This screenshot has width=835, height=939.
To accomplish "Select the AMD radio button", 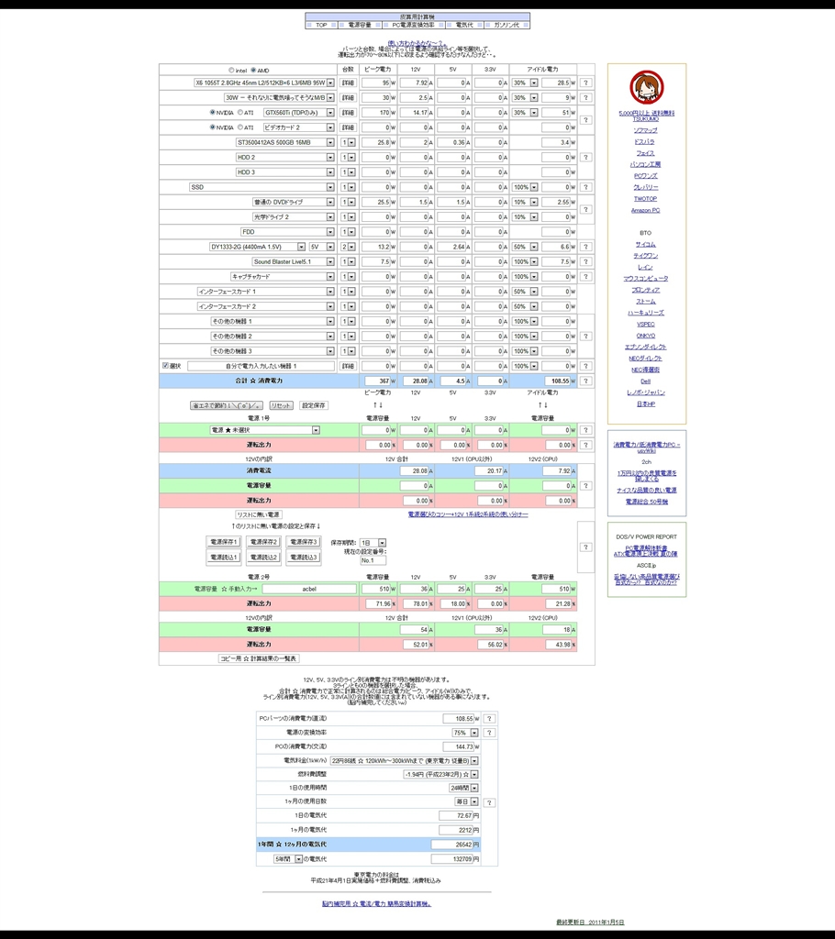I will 253,70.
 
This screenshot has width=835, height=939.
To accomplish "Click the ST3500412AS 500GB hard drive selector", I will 284,142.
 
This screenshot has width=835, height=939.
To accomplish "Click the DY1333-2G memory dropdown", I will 256,247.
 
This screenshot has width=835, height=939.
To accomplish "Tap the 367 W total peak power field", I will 376,380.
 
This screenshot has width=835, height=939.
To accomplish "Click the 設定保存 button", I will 314,405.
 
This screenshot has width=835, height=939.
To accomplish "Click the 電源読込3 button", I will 304,557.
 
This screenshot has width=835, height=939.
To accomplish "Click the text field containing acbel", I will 309,589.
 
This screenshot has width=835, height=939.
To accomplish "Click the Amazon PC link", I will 645,210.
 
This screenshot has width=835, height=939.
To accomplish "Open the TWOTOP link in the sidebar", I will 645,198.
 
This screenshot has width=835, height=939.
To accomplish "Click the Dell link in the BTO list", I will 645,381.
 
